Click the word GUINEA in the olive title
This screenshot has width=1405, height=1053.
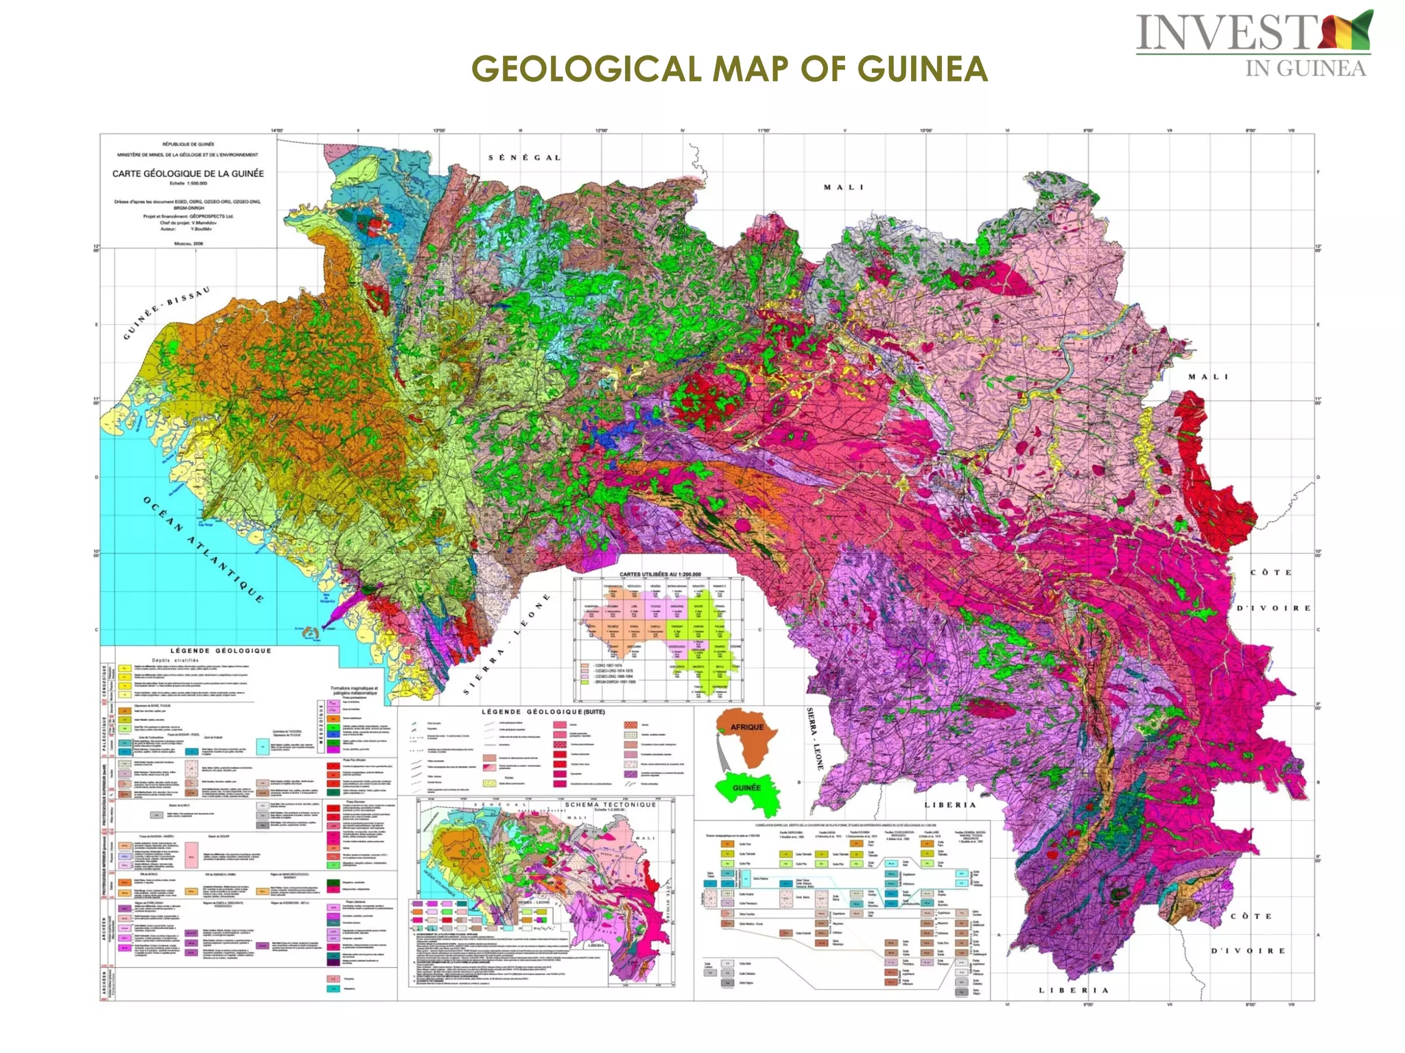coord(922,69)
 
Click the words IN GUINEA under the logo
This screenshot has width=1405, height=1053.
coord(1305,69)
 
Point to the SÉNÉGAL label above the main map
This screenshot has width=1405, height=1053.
coord(525,158)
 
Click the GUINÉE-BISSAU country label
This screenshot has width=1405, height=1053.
coord(167,313)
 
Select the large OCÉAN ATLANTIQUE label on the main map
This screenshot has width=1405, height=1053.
coord(203,549)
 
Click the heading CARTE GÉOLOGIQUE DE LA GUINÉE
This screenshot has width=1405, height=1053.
coord(188,174)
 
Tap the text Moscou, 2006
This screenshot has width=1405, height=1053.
coord(188,243)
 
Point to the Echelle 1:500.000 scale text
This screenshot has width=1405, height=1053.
coord(188,183)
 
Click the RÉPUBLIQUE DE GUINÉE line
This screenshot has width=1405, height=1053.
coord(188,144)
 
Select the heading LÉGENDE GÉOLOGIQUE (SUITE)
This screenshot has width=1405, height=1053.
coord(543,712)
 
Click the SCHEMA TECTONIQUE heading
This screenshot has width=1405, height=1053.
coord(610,805)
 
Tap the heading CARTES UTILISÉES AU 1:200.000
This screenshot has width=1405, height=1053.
coord(660,573)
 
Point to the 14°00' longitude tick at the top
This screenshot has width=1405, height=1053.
coord(276,130)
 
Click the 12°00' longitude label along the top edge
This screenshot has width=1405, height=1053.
coord(601,130)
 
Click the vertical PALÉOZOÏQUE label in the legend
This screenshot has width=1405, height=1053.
coord(105,735)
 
